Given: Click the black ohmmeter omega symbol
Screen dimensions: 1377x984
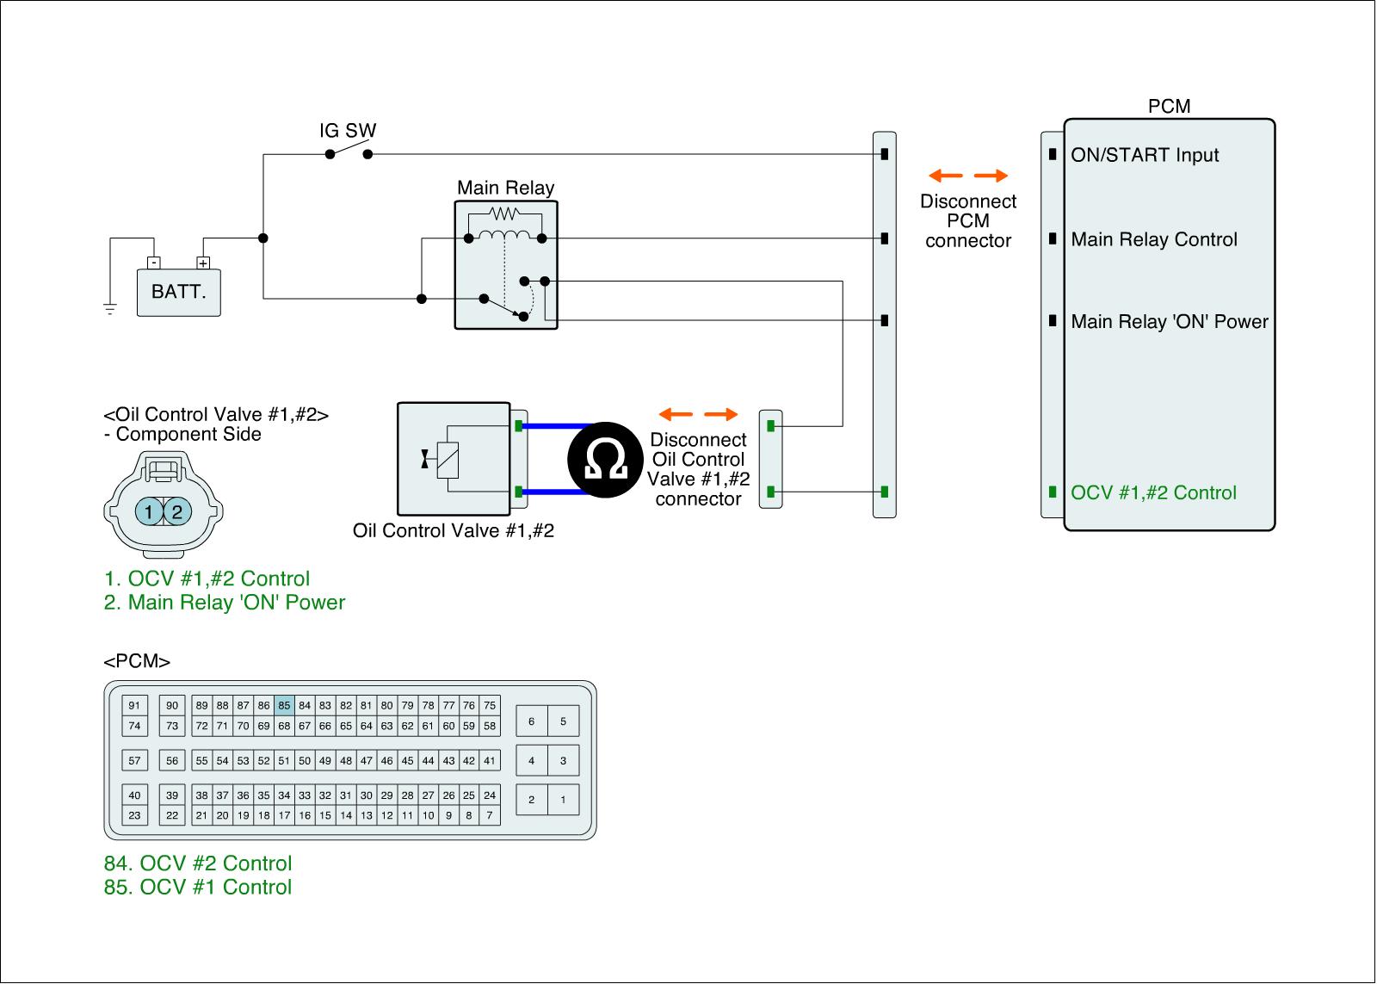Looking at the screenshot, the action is tap(605, 460).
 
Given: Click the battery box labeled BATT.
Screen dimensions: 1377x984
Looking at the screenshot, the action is tap(178, 293).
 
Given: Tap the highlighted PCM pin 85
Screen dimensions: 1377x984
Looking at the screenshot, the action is tap(284, 705).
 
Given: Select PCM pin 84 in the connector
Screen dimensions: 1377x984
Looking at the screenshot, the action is tap(305, 705).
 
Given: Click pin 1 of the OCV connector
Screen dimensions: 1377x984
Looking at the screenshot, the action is tap(148, 511).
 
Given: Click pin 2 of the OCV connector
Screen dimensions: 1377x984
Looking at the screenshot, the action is tap(177, 511).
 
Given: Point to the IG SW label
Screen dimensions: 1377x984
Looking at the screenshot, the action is tap(348, 130).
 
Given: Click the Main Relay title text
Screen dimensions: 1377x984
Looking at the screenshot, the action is tap(505, 188).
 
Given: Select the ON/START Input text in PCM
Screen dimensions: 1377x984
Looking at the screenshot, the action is tap(1145, 155).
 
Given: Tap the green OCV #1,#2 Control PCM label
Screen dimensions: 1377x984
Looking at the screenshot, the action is tap(1153, 492).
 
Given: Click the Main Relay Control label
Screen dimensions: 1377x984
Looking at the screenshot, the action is tap(1154, 239).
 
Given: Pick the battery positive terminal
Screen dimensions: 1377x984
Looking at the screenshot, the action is tap(203, 263).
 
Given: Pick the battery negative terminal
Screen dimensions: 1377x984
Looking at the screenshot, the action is tap(154, 263).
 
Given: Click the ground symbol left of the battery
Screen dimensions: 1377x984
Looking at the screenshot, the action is tap(110, 309).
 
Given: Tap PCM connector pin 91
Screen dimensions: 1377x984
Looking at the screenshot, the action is tap(134, 705).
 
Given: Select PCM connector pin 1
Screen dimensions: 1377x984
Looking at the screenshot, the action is tap(563, 800).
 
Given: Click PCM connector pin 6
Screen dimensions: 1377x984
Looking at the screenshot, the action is tap(532, 721).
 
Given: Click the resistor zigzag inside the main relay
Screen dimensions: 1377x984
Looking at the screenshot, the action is tap(504, 214).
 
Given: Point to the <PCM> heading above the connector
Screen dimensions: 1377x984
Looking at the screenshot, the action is tap(137, 661).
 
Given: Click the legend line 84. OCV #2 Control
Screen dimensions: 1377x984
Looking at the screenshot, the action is tap(197, 863).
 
